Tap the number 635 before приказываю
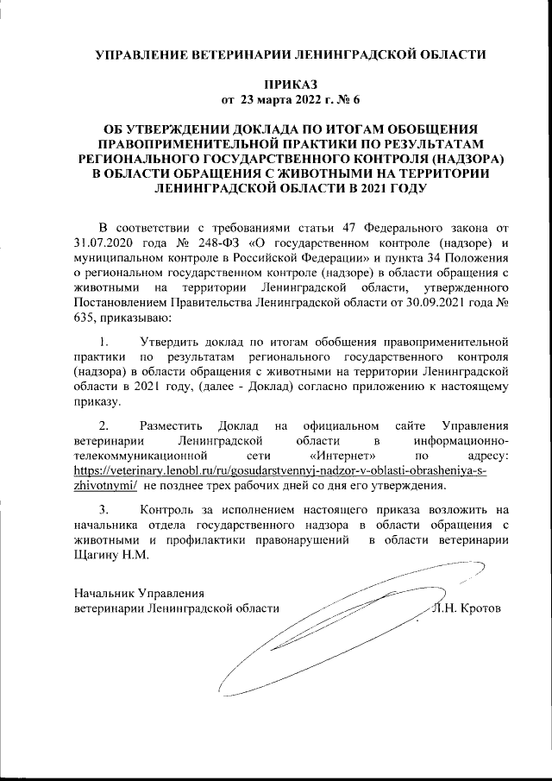86,319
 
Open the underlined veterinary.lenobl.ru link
280,469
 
